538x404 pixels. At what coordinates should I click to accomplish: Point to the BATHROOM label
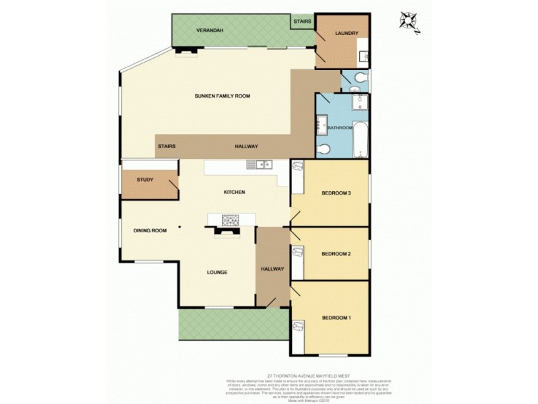pos(340,128)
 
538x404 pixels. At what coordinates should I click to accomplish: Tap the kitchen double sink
pos(258,164)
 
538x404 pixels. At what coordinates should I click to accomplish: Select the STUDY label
pos(145,180)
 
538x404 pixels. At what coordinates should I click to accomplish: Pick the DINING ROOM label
pos(149,231)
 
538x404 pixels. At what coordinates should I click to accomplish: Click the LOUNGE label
pos(217,272)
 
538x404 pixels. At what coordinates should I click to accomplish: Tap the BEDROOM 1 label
pos(337,317)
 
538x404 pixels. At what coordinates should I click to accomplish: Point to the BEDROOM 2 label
pos(337,254)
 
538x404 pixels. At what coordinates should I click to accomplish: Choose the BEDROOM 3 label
pos(337,193)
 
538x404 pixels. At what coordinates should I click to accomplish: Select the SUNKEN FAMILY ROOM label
pos(222,96)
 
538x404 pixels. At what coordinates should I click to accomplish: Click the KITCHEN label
pos(234,193)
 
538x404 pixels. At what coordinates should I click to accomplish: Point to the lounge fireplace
pos(226,232)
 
